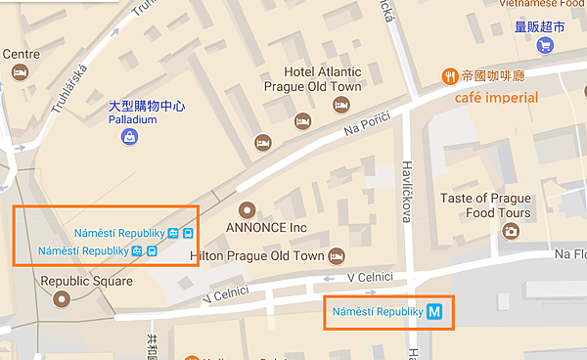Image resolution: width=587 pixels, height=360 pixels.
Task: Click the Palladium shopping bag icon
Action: [x=129, y=138]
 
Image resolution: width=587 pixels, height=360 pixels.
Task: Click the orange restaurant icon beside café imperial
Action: [x=449, y=75]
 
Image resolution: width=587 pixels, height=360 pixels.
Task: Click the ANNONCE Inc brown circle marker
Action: [x=247, y=208]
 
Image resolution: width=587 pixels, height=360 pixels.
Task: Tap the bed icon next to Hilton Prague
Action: [x=336, y=255]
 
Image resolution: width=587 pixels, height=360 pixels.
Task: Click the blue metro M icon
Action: [x=435, y=312]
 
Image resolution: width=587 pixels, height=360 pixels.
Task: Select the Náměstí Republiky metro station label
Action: [x=377, y=312]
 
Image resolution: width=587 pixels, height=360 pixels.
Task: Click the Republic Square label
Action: [x=86, y=281]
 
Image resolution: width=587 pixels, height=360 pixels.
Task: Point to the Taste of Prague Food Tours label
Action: [x=485, y=205]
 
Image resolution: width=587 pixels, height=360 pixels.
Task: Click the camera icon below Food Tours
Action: [x=510, y=231]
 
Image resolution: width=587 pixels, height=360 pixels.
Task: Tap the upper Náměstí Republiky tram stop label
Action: [x=119, y=233]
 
